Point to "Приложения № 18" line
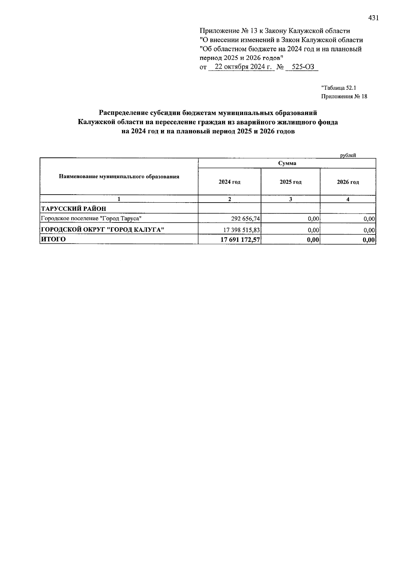(x=344, y=97)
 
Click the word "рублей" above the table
(x=348, y=155)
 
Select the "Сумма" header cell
(x=287, y=163)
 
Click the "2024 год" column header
(x=230, y=182)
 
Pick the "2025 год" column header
(x=291, y=182)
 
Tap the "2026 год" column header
(x=348, y=182)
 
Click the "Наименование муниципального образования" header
(x=119, y=176)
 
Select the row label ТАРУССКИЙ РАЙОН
(x=73, y=209)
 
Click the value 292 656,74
(x=245, y=219)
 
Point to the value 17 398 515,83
(x=241, y=230)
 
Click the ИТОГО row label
(x=53, y=239)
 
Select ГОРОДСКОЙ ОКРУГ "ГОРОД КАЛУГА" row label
(x=102, y=229)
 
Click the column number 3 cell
(x=291, y=199)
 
